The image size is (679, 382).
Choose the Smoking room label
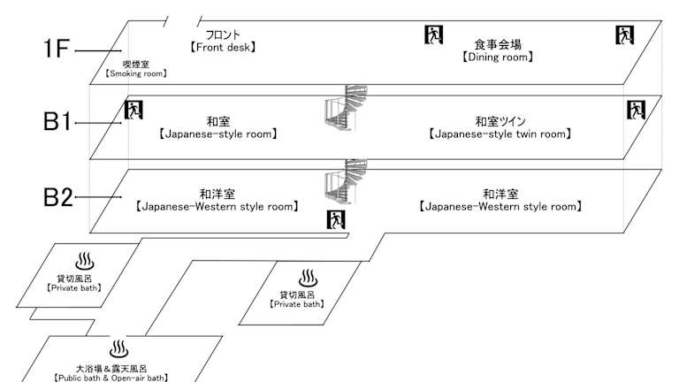click(x=137, y=68)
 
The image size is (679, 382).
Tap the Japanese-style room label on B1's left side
click(x=217, y=129)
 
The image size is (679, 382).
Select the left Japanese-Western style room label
click(x=217, y=200)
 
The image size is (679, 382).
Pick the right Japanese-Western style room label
click(x=500, y=200)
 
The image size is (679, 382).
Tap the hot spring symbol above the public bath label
click(x=117, y=347)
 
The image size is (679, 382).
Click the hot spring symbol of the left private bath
click(x=85, y=262)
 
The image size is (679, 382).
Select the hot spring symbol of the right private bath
click(x=306, y=279)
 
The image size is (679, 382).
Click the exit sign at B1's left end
click(x=134, y=111)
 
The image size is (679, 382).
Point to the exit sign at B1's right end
click(x=636, y=111)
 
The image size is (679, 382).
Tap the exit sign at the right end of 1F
click(x=624, y=35)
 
